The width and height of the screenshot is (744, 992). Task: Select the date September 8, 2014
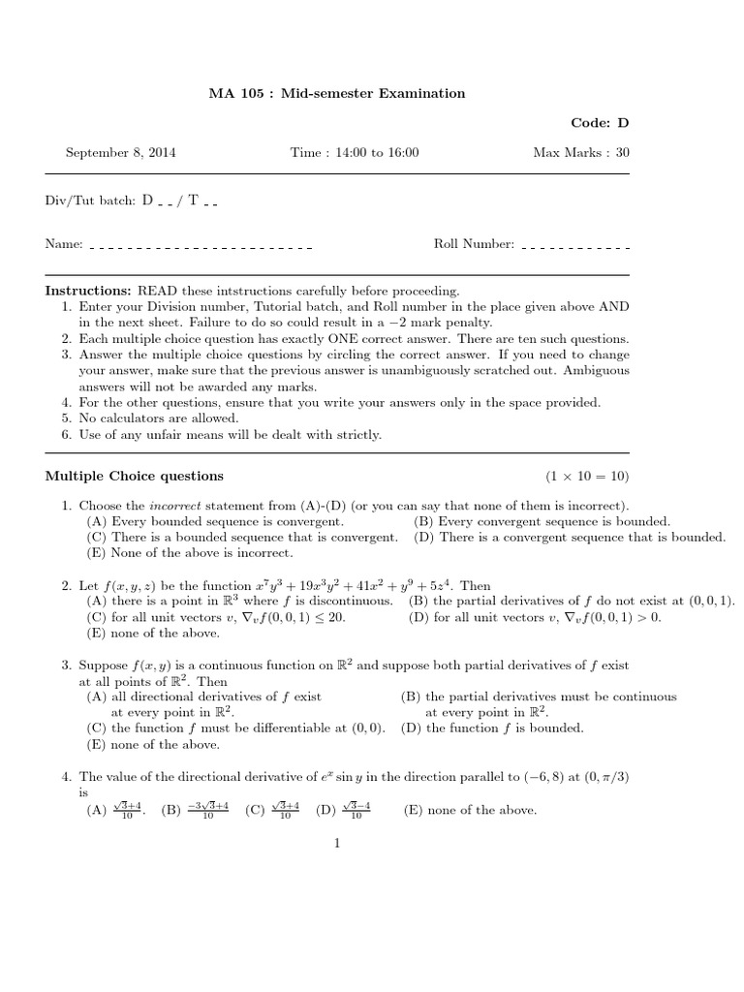tap(120, 153)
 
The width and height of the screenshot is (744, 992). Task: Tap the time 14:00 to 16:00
tap(355, 153)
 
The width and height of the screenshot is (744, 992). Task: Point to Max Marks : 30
tap(581, 153)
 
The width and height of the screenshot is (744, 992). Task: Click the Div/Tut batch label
tap(90, 201)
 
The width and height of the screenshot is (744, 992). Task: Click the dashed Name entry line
tap(201, 247)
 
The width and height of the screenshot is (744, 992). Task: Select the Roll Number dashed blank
tap(574, 247)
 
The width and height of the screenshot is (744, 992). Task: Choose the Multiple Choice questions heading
tap(135, 476)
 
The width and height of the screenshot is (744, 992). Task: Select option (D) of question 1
tap(570, 537)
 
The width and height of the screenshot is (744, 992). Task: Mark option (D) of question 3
tap(492, 728)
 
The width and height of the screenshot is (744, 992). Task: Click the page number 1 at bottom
tap(337, 843)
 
